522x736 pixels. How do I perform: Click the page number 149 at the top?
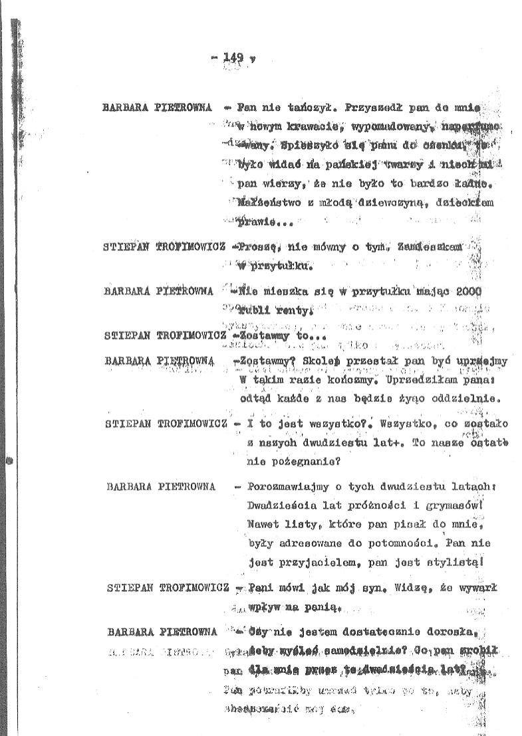(234, 58)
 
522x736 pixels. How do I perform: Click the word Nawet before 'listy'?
(262, 524)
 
